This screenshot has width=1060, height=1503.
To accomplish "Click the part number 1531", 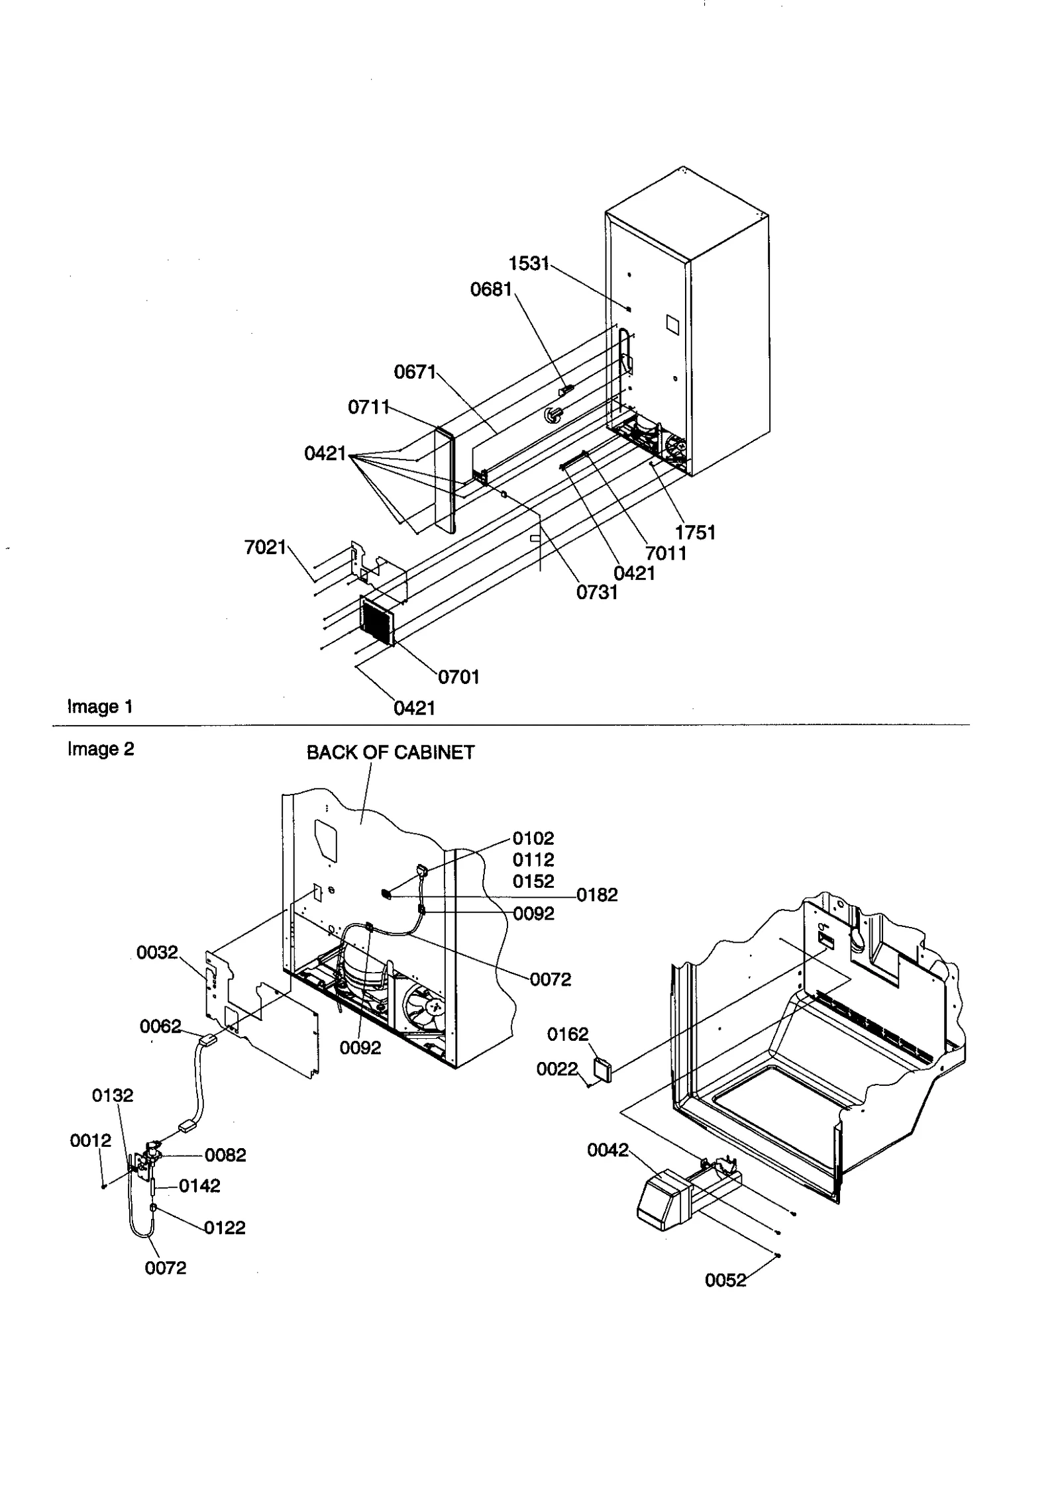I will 529,264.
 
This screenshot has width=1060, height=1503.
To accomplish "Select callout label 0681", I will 491,289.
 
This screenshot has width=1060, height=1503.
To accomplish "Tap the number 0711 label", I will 369,407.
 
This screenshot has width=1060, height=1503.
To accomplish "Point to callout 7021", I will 265,547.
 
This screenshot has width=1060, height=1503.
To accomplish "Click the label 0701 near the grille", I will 458,677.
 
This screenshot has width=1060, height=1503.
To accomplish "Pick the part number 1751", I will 695,532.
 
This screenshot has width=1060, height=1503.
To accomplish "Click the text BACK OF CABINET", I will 390,753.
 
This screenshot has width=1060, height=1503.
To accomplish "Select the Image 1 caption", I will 100,706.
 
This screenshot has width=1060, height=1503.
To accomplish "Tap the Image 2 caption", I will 101,749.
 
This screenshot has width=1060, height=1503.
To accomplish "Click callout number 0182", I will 597,895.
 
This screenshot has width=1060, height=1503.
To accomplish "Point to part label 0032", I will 157,952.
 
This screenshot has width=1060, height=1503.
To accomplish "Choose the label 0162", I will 568,1034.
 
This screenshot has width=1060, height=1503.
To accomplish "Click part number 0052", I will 725,1281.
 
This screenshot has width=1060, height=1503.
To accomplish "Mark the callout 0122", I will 225,1228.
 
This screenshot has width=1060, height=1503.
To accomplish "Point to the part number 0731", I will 597,592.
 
